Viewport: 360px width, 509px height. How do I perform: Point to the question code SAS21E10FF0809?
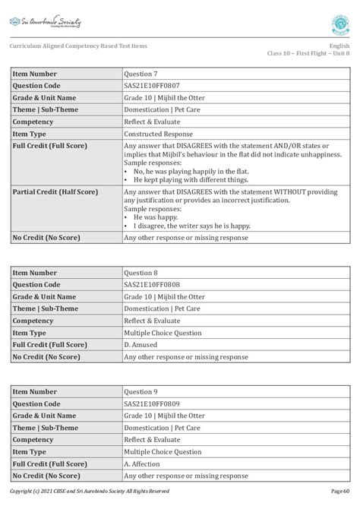point(152,404)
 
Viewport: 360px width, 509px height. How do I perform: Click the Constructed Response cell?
point(158,134)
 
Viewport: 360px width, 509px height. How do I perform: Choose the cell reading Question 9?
point(141,392)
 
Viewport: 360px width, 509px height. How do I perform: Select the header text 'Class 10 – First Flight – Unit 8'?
point(308,54)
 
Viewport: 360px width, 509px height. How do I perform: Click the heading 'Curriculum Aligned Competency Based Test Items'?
point(78,46)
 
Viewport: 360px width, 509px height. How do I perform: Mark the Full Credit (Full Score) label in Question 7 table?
point(50,145)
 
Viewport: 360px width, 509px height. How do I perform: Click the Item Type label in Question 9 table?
point(30,451)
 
